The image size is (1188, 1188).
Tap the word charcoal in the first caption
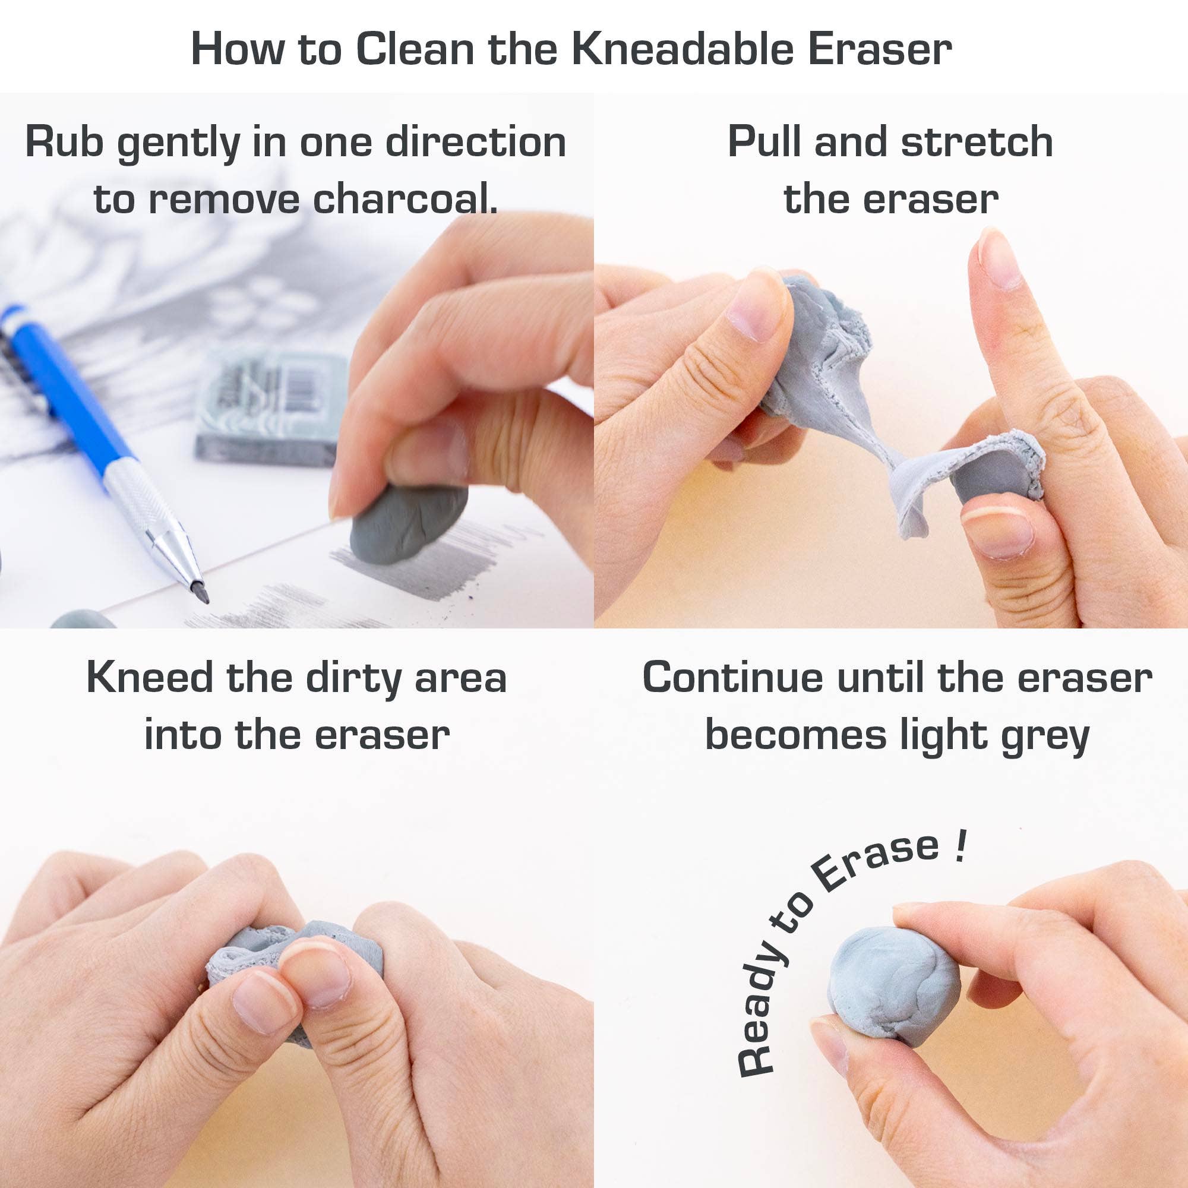pyautogui.click(x=405, y=199)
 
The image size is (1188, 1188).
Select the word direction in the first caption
pyautogui.click(x=475, y=142)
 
